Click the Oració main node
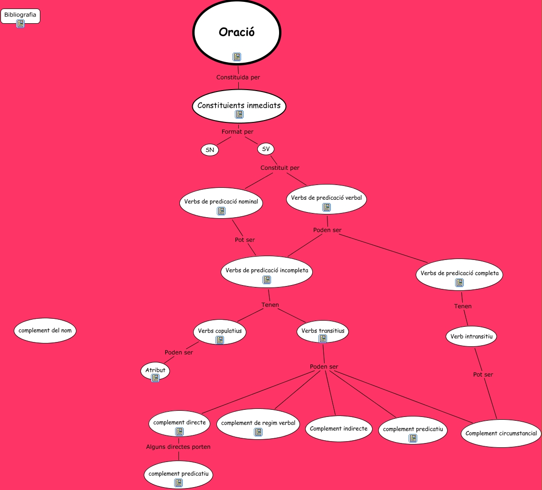click(x=237, y=32)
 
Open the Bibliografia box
click(x=20, y=15)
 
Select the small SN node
click(x=210, y=150)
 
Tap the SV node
click(x=266, y=149)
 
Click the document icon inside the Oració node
click(x=237, y=57)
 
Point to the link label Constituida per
click(x=238, y=77)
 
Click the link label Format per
click(x=237, y=131)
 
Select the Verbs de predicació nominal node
click(x=221, y=202)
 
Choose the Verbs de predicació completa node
click(x=459, y=274)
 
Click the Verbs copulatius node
click(x=220, y=331)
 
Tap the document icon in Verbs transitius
click(x=323, y=339)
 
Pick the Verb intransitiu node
click(x=471, y=336)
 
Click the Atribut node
click(x=155, y=370)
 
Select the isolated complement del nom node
click(x=45, y=330)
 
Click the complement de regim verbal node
click(x=258, y=423)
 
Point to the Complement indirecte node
click(x=338, y=428)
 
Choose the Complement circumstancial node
click(x=501, y=433)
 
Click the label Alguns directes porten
click(x=178, y=447)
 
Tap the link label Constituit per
click(x=280, y=167)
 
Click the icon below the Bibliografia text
click(x=20, y=23)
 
